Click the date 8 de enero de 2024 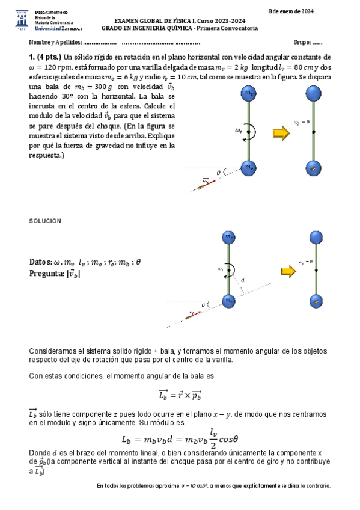(x=291, y=11)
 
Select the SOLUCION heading (x=45, y=221)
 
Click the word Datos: (x=40, y=262)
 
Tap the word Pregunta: (x=46, y=274)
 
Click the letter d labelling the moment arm (x=242, y=280)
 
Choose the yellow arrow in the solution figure (x=288, y=272)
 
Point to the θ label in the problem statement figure (x=219, y=173)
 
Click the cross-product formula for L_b (x=180, y=395)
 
